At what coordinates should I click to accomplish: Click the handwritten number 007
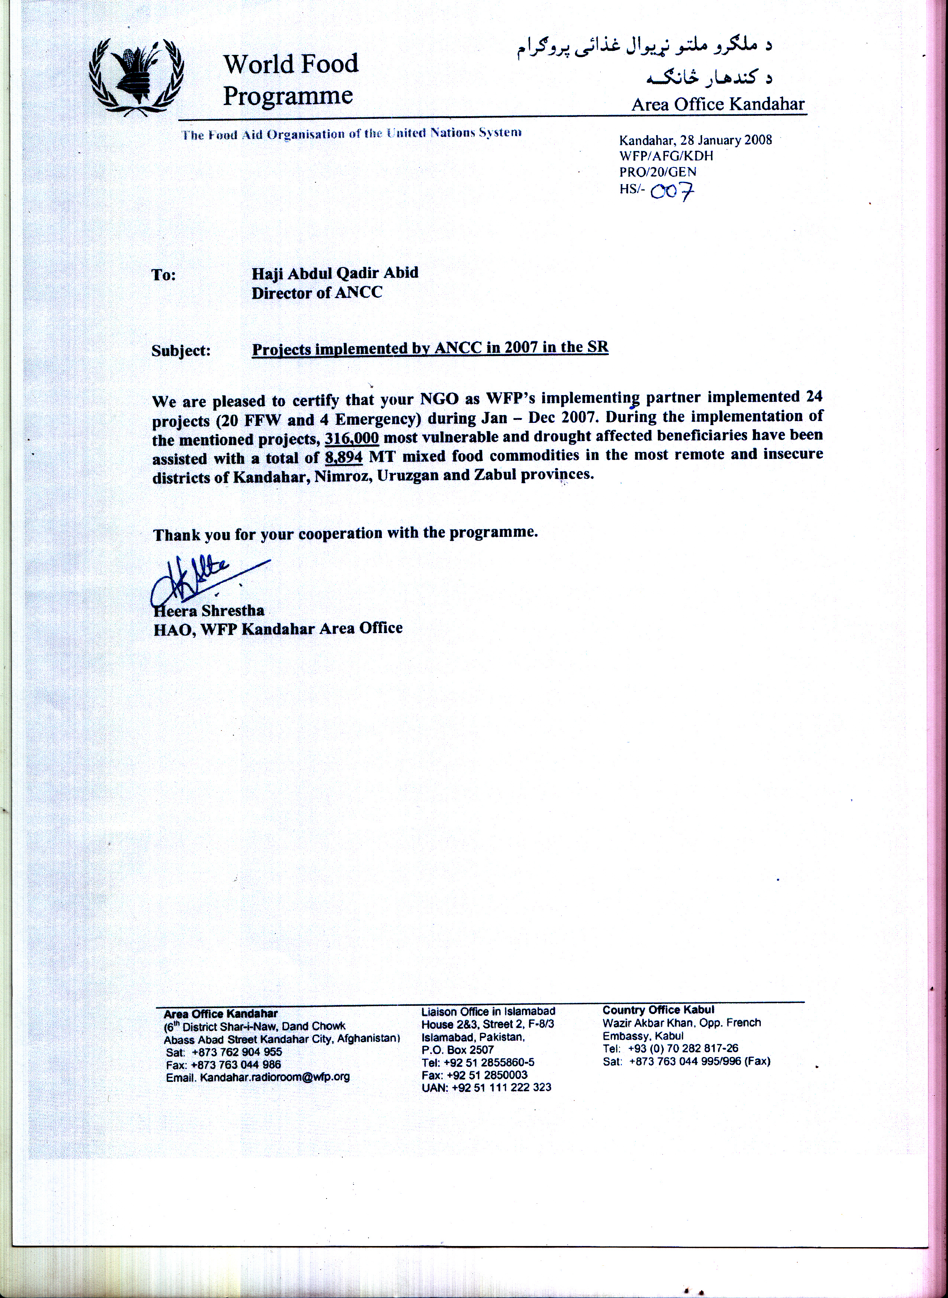672,191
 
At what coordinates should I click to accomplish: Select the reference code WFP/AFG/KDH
666,156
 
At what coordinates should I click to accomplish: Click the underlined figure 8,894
343,458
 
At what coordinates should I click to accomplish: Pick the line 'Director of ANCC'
317,293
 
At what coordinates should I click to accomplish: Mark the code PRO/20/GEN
658,172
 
